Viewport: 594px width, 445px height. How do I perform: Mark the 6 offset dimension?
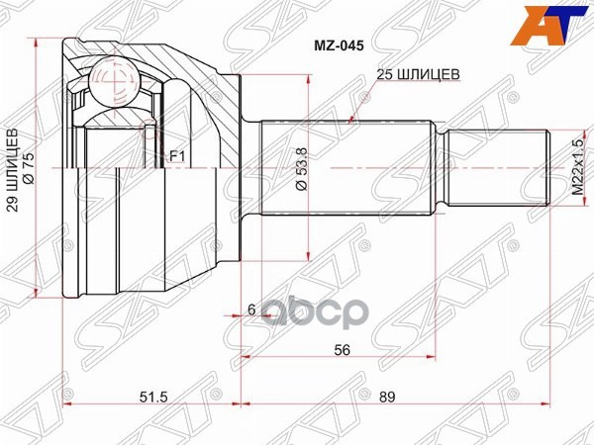click(x=251, y=311)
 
